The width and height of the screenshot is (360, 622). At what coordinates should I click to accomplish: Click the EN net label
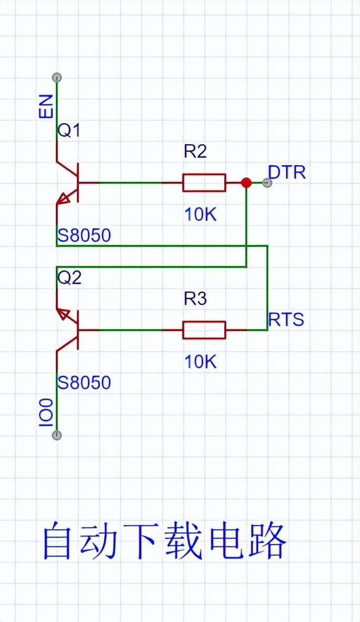pos(47,106)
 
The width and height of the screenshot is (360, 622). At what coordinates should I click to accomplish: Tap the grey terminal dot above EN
pos(57,77)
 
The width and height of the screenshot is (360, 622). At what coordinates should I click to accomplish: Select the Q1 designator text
pos(69,130)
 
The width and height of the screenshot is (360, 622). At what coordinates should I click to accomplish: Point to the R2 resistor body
pos(204,183)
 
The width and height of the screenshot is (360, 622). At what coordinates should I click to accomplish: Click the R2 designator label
pos(195,152)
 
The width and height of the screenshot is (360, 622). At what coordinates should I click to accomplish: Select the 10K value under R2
pos(201,214)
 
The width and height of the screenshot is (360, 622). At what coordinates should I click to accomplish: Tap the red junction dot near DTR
pos(246,183)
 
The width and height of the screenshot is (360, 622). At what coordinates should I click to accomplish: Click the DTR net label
pos(287,172)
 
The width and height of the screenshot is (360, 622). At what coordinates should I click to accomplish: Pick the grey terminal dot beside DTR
pos(267,183)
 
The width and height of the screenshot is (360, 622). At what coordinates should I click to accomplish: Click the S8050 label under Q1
pos(84,236)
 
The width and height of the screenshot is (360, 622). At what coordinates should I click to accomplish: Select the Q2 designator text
pos(69,277)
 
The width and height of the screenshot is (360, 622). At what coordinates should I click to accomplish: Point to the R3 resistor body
pos(204,330)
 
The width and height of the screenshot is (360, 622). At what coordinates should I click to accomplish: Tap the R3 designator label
pos(195,299)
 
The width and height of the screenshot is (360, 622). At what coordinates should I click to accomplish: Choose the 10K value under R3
pos(201,362)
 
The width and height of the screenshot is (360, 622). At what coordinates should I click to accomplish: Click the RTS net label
pos(286,319)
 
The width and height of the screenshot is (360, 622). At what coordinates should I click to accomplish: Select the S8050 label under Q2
pos(84,383)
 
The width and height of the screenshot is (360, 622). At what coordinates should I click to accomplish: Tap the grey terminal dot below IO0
pos(57,435)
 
